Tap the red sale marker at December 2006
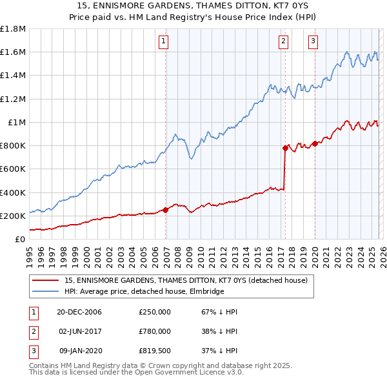(x=166, y=210)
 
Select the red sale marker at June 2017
(x=285, y=148)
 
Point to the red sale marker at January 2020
(x=315, y=143)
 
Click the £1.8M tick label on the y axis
(x=13, y=29)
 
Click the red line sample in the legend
(x=46, y=281)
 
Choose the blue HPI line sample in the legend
(x=46, y=292)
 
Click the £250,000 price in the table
(x=155, y=312)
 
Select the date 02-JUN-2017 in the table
(x=79, y=331)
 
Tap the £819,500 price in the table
(x=155, y=351)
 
